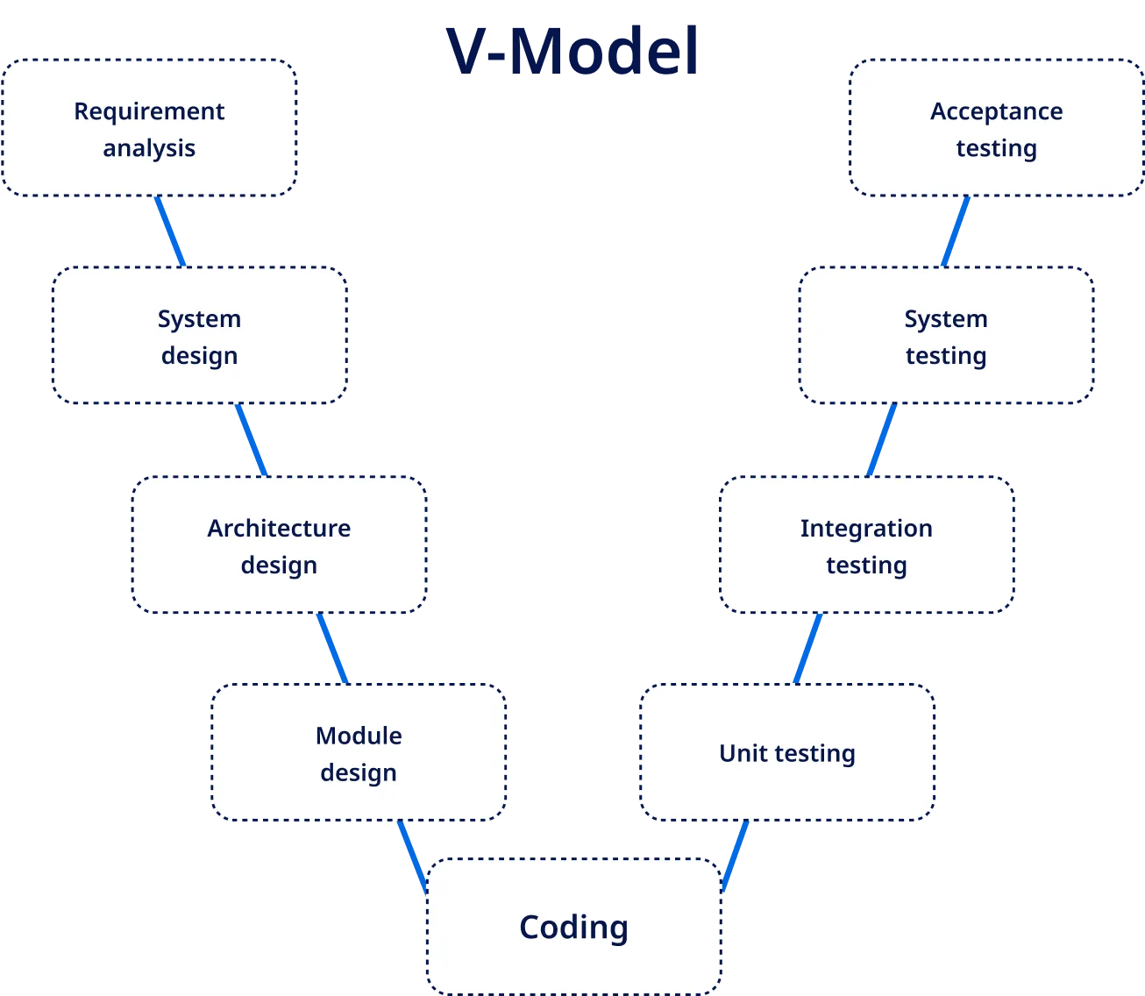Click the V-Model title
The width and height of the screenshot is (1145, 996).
pos(573,50)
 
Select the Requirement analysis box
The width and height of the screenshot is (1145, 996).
pos(149,129)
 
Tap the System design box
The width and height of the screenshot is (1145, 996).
pos(199,337)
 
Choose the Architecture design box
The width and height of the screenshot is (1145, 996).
pos(279,545)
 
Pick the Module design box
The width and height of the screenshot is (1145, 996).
pos(359,753)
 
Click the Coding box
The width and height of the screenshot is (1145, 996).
pos(573,927)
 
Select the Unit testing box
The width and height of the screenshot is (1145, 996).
pos(787,753)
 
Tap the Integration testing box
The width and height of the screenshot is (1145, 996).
pos(866,545)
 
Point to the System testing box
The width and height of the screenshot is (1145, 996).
pos(946,337)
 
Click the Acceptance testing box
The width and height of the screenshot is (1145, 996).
pos(997,129)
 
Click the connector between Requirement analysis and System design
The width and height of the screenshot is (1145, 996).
pos(171,231)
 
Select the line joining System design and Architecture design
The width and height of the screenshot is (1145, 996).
pos(250,440)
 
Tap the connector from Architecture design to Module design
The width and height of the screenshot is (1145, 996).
pos(332,649)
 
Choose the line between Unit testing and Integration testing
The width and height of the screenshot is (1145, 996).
pos(808,649)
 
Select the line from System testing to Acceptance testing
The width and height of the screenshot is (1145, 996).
pos(956,231)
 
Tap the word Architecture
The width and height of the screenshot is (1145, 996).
pos(279,528)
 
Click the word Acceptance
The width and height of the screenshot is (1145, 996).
pos(997,111)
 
